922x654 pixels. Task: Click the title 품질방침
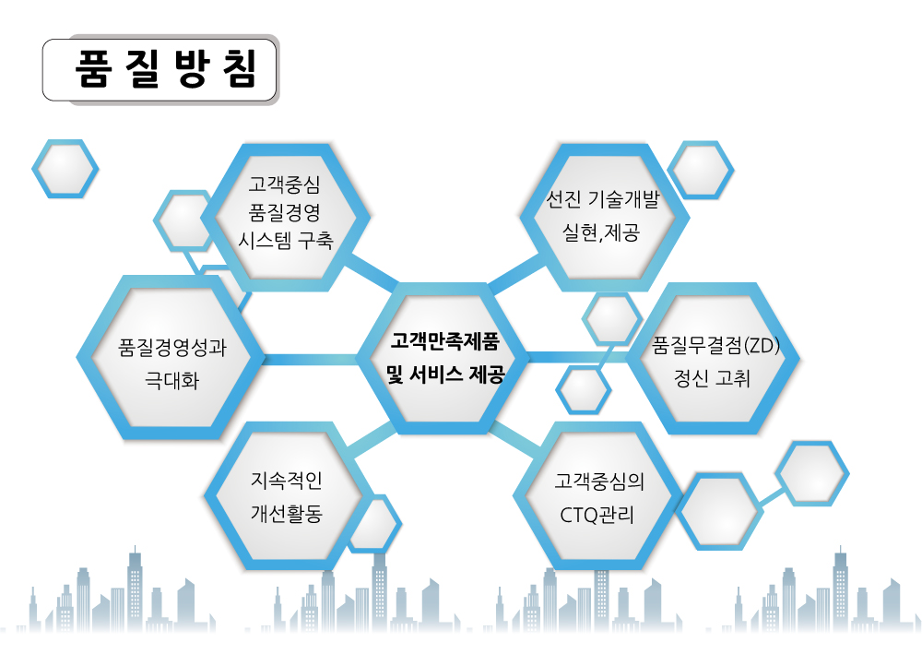point(166,70)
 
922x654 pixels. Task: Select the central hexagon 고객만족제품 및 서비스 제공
point(444,358)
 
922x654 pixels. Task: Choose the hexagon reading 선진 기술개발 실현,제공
point(604,217)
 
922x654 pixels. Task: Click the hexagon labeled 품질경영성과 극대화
point(171,357)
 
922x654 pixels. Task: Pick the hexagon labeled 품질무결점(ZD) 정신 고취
point(713,358)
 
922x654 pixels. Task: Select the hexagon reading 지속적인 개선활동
point(288,495)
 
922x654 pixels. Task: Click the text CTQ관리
point(597,516)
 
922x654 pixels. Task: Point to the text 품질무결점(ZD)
point(715,345)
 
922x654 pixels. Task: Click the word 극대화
point(172,381)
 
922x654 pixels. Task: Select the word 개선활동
point(287,514)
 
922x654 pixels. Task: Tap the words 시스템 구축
point(286,241)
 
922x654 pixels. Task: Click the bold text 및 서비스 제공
point(445,375)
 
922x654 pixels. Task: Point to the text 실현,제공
point(601,232)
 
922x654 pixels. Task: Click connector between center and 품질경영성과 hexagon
point(311,359)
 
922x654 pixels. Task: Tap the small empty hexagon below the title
point(65,169)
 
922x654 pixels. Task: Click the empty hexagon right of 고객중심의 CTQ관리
point(719,511)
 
